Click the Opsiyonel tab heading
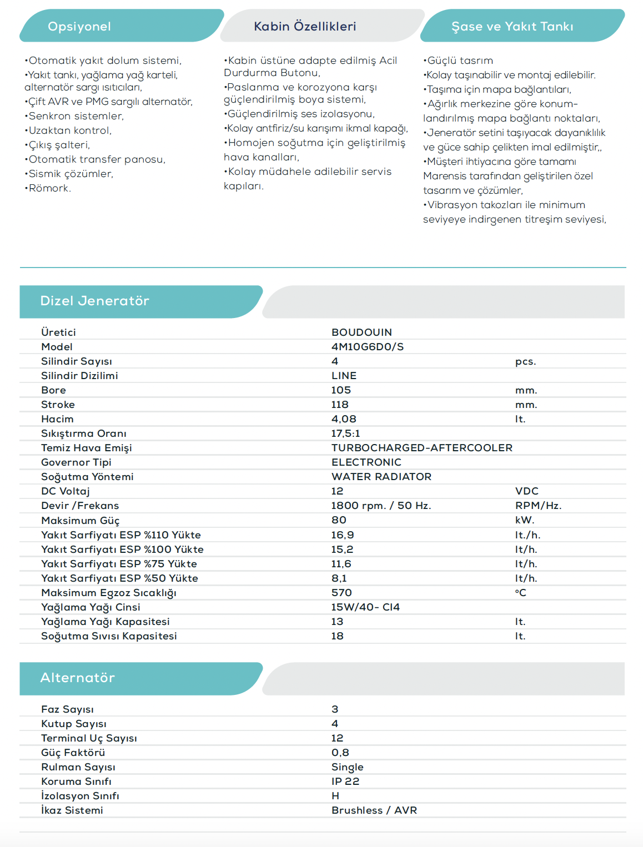point(79,27)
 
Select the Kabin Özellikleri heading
point(305,27)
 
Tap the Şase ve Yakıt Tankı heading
point(512,27)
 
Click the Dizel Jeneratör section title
point(95,301)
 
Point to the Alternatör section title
point(78,678)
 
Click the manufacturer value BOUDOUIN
point(361,332)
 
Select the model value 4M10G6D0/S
point(368,347)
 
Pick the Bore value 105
point(341,390)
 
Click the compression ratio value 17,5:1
point(345,433)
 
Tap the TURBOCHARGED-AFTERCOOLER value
point(422,448)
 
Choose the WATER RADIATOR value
point(381,477)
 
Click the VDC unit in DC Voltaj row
point(526,491)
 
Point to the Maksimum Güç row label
point(81,521)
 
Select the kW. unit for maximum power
point(524,521)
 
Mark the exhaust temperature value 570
point(341,593)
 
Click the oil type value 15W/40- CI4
point(365,607)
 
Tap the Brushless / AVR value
point(374,810)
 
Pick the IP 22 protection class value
point(345,782)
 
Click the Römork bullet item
point(49,188)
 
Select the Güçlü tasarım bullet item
point(459,60)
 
